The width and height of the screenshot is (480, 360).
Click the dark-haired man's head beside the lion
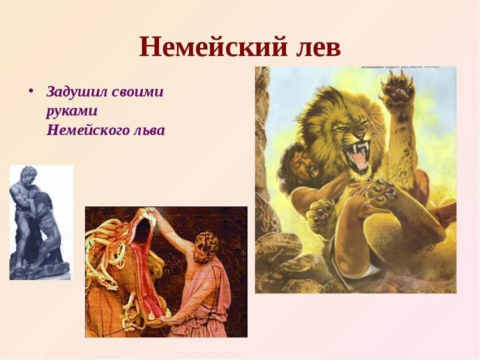tap(295, 165)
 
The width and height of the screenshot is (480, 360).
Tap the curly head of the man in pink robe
tap(206, 245)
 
